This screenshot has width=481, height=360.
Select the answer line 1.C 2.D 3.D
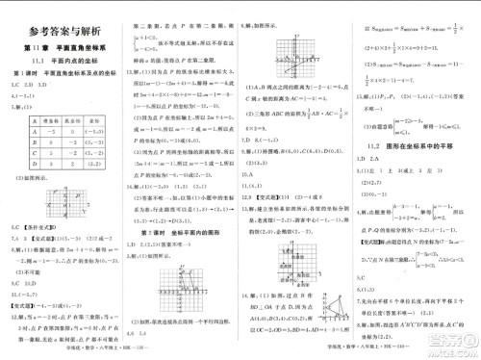coord(29,85)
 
